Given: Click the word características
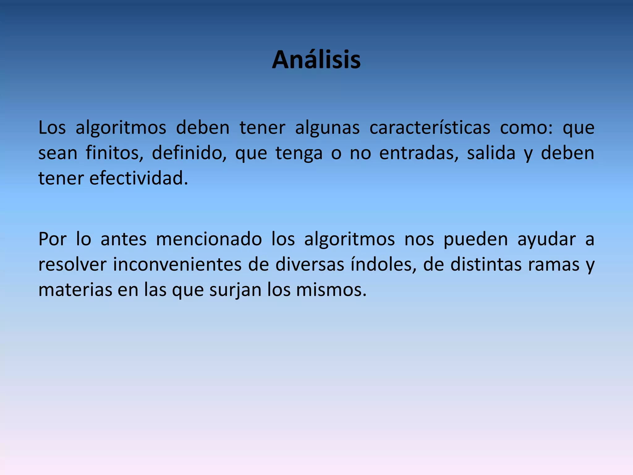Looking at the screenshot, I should pyautogui.click(x=430, y=128).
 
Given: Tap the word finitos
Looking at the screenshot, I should pyautogui.click(x=114, y=153).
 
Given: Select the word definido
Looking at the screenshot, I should pyautogui.click(x=189, y=153).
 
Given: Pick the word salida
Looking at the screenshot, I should pyautogui.click(x=491, y=153).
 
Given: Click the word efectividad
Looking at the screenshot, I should pyautogui.click(x=138, y=178).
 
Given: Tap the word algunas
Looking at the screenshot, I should pyautogui.click(x=327, y=128).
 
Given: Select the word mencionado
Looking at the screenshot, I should pyautogui.click(x=209, y=239).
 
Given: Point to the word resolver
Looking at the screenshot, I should pyautogui.click(x=72, y=265).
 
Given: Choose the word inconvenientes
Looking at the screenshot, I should pyautogui.click(x=177, y=265).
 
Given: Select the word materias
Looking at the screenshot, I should pyautogui.click(x=75, y=290).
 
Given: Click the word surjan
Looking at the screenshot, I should pyautogui.click(x=235, y=290).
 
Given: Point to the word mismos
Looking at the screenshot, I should pyautogui.click(x=331, y=290).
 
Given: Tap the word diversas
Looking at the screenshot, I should pyautogui.click(x=310, y=265).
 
